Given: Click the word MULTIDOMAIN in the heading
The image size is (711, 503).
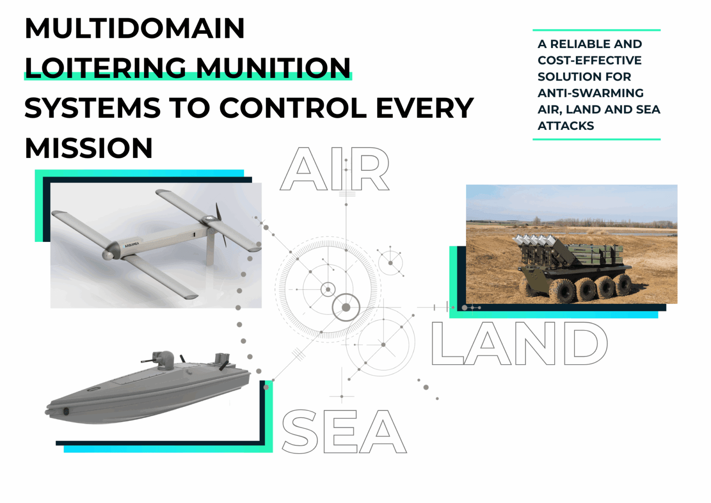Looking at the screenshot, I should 135,28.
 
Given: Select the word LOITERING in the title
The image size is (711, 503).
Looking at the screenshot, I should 106,68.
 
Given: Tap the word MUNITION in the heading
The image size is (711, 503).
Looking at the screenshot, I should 273,68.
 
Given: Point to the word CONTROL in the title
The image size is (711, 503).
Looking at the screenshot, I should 293,108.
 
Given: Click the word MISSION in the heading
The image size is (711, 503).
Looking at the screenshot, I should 89,148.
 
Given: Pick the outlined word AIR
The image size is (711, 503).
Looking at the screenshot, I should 335,169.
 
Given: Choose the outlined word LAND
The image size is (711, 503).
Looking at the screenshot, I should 519,343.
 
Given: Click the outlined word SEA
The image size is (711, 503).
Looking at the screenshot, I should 344,431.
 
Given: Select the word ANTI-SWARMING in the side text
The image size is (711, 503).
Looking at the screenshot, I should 590,93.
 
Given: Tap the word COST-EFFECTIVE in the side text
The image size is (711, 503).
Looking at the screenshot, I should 589,60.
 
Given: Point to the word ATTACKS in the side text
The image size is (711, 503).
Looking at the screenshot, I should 566,126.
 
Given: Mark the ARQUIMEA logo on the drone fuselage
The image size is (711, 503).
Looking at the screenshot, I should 131,245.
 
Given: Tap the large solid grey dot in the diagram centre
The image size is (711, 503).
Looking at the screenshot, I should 346,307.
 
